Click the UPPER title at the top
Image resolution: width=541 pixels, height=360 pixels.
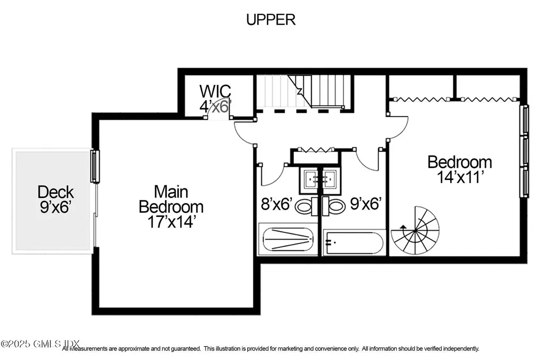tap(270, 20)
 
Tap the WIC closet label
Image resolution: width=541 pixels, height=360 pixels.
tap(214, 90)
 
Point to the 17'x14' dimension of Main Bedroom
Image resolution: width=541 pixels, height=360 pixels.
tap(171, 222)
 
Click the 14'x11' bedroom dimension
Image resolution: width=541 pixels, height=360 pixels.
tap(459, 177)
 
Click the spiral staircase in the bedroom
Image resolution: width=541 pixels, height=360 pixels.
tap(415, 231)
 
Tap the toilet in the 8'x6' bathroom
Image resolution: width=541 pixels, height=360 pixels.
tap(304, 206)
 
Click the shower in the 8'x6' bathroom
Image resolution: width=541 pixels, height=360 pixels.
tap(287, 239)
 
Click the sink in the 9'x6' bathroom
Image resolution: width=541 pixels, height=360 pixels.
tap(330, 178)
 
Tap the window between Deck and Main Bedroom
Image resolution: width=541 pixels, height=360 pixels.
tap(95, 167)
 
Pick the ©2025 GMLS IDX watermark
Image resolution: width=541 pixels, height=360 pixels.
tap(32, 344)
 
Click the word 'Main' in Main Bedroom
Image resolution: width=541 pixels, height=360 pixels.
tap(171, 191)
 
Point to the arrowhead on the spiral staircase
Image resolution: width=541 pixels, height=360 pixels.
tap(404, 228)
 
